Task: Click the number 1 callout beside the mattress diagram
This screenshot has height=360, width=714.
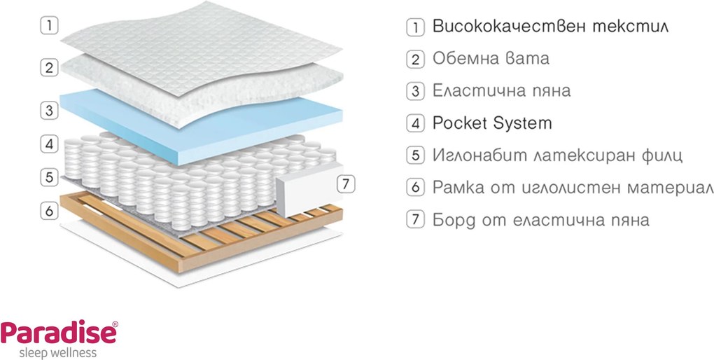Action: [x=49, y=25]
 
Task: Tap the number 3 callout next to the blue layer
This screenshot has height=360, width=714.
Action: [x=49, y=110]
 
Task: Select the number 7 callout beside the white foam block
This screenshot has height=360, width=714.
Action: [x=346, y=184]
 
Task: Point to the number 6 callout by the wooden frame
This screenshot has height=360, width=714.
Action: [x=49, y=211]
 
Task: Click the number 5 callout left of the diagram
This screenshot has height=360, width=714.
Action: [x=49, y=177]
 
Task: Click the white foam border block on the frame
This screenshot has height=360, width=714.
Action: [x=309, y=188]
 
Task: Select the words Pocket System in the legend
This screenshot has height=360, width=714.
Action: [x=492, y=123]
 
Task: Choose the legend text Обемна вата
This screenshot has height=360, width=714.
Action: [x=491, y=58]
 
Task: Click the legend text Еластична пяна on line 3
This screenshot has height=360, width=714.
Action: [x=501, y=90]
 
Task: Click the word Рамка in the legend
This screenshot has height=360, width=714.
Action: [x=458, y=187]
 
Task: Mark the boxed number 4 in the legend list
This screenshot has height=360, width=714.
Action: [x=415, y=123]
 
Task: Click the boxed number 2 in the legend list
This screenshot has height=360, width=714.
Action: [x=415, y=60]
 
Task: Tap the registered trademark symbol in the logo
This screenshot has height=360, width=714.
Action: [x=115, y=324]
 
